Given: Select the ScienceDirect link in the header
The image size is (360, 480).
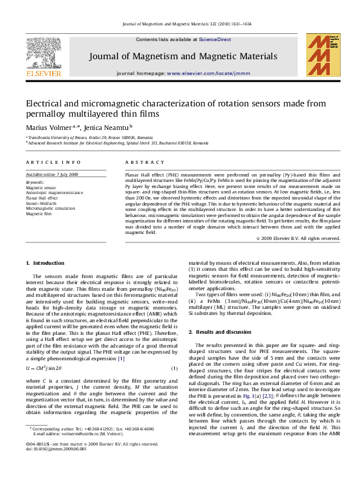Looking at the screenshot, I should tap(215, 39).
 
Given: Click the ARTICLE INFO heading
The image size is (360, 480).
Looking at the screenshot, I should tap(53, 163).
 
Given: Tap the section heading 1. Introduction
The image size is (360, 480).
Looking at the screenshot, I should tap(45, 263).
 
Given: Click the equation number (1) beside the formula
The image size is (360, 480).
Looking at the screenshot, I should tap(174, 368).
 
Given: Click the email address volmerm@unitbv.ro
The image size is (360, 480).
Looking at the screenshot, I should tap(76, 450).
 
